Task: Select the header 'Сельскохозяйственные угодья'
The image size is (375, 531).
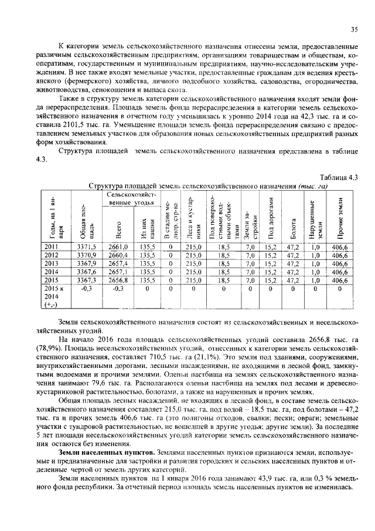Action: (x=131, y=198)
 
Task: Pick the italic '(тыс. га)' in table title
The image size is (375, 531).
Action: (x=312, y=186)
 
